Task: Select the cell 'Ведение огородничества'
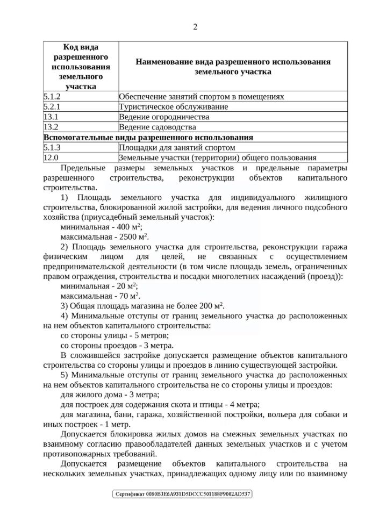coord(163,117)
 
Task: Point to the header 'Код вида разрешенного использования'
coord(80,67)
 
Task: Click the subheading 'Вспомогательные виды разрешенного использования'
coord(148,137)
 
